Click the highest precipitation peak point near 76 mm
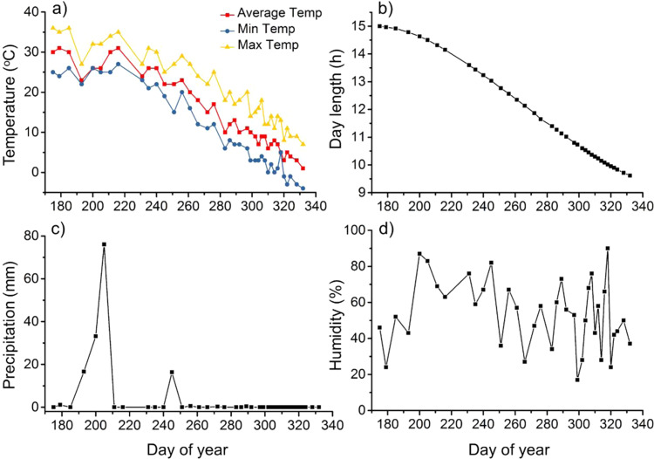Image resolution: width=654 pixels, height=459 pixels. point(104,244)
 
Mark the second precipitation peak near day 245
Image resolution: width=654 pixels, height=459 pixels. point(172,372)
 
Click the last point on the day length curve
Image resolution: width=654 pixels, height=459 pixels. point(630,175)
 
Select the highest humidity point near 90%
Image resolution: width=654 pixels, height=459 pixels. point(607,249)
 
